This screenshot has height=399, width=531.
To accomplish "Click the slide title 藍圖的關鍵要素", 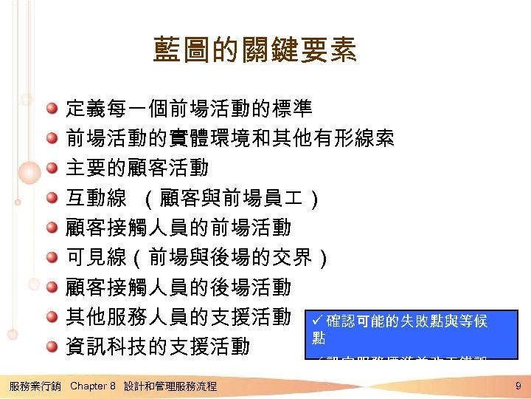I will point(254,51).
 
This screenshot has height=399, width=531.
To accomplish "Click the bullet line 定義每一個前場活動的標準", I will point(189,109).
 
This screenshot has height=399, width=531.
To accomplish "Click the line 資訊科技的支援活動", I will point(158,347).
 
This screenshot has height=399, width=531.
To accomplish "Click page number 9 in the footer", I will point(518,386).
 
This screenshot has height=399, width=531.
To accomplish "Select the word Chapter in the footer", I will point(88,386).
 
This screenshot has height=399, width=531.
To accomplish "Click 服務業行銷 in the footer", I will point(34,386).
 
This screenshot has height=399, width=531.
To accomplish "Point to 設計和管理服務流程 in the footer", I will point(170,386).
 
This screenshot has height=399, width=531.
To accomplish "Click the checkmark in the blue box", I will point(318,321).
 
